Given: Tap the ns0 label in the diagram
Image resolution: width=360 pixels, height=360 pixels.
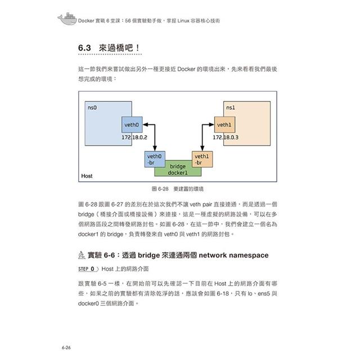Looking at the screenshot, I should point(92,106).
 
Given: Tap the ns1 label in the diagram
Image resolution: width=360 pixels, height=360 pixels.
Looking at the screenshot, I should point(230,107).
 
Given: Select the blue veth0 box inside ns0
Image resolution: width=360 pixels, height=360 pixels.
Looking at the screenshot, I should point(132,124).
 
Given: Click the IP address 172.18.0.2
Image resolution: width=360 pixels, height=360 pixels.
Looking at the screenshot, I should point(134,137).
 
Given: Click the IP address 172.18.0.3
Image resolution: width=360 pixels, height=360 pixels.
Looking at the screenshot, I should point(226,137).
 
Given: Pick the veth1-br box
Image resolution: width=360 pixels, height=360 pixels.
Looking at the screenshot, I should point(202,159).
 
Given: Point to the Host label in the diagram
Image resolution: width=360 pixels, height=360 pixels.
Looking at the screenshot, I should point(87,176).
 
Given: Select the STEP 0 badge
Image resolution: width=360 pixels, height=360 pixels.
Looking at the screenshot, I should point(88,269).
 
